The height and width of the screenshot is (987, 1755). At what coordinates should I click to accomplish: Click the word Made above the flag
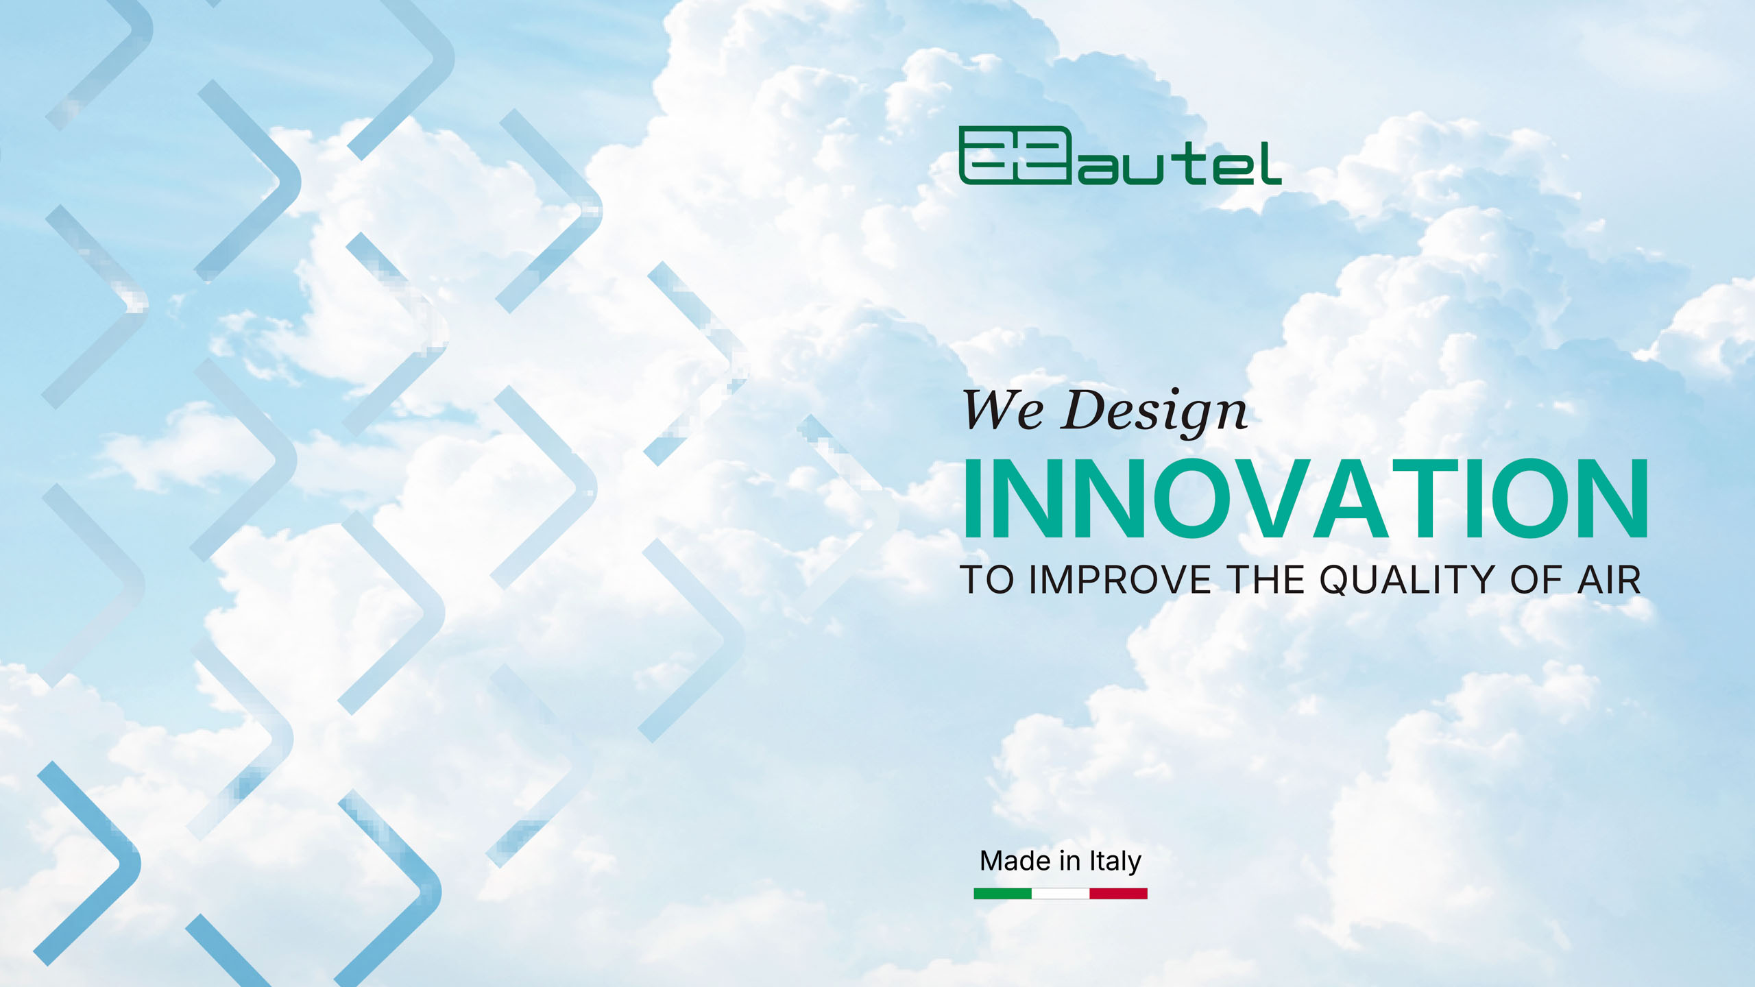point(1015,861)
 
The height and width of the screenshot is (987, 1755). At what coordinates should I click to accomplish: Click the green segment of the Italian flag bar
point(1002,894)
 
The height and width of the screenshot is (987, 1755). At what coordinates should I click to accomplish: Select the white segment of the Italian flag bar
point(1061,894)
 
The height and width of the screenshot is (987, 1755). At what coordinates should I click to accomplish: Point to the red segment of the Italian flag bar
point(1118,894)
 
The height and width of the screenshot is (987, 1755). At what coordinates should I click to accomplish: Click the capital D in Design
point(1087,410)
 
